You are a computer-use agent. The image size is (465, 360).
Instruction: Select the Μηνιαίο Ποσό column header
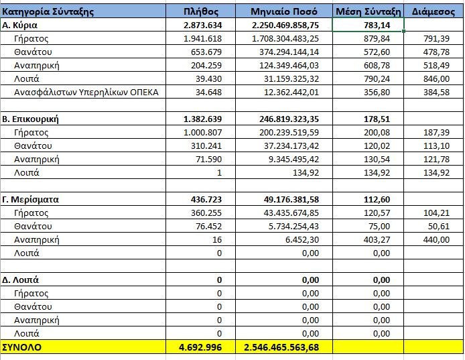pyautogui.click(x=284, y=11)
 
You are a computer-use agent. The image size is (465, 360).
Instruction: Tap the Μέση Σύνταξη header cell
pyautogui.click(x=367, y=11)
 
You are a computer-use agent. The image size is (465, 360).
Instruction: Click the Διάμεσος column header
pyautogui.click(x=434, y=11)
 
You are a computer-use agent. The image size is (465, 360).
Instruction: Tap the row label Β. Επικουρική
pyautogui.click(x=31, y=119)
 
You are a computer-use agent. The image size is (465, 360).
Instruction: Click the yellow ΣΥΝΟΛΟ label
pyautogui.click(x=22, y=347)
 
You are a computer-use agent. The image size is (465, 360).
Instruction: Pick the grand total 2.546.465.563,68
pyautogui.click(x=285, y=347)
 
